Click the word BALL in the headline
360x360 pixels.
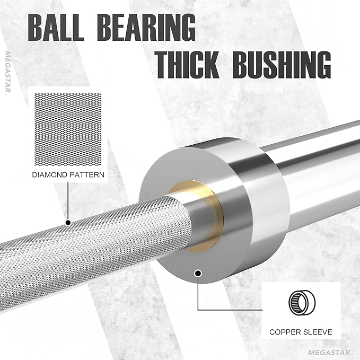click(56, 28)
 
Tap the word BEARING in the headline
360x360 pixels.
click(146, 28)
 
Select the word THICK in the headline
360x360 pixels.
click(188, 65)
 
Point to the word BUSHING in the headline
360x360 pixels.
click(282, 65)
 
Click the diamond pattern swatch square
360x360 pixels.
click(68, 129)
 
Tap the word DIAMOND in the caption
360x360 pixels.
click(49, 175)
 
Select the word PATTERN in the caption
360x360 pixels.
click(86, 175)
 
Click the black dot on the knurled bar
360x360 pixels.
click(68, 223)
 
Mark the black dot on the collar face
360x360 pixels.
click(198, 274)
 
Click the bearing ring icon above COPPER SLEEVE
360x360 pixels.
click(302, 303)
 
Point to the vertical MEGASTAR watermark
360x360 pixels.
click(8, 73)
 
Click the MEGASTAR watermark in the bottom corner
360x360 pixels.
click(329, 353)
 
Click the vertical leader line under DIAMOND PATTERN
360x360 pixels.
click(68, 201)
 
